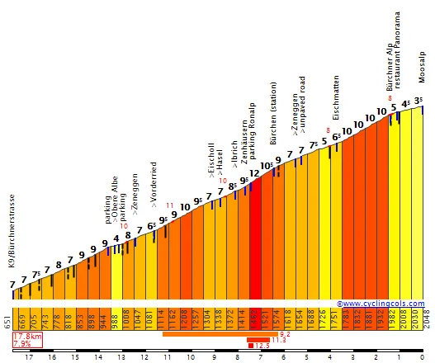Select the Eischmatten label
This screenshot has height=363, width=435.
336,97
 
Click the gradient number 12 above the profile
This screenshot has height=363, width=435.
254,173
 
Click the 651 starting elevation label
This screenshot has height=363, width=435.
7,319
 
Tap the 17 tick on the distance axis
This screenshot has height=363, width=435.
29,357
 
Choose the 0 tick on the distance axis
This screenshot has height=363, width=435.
422,357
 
